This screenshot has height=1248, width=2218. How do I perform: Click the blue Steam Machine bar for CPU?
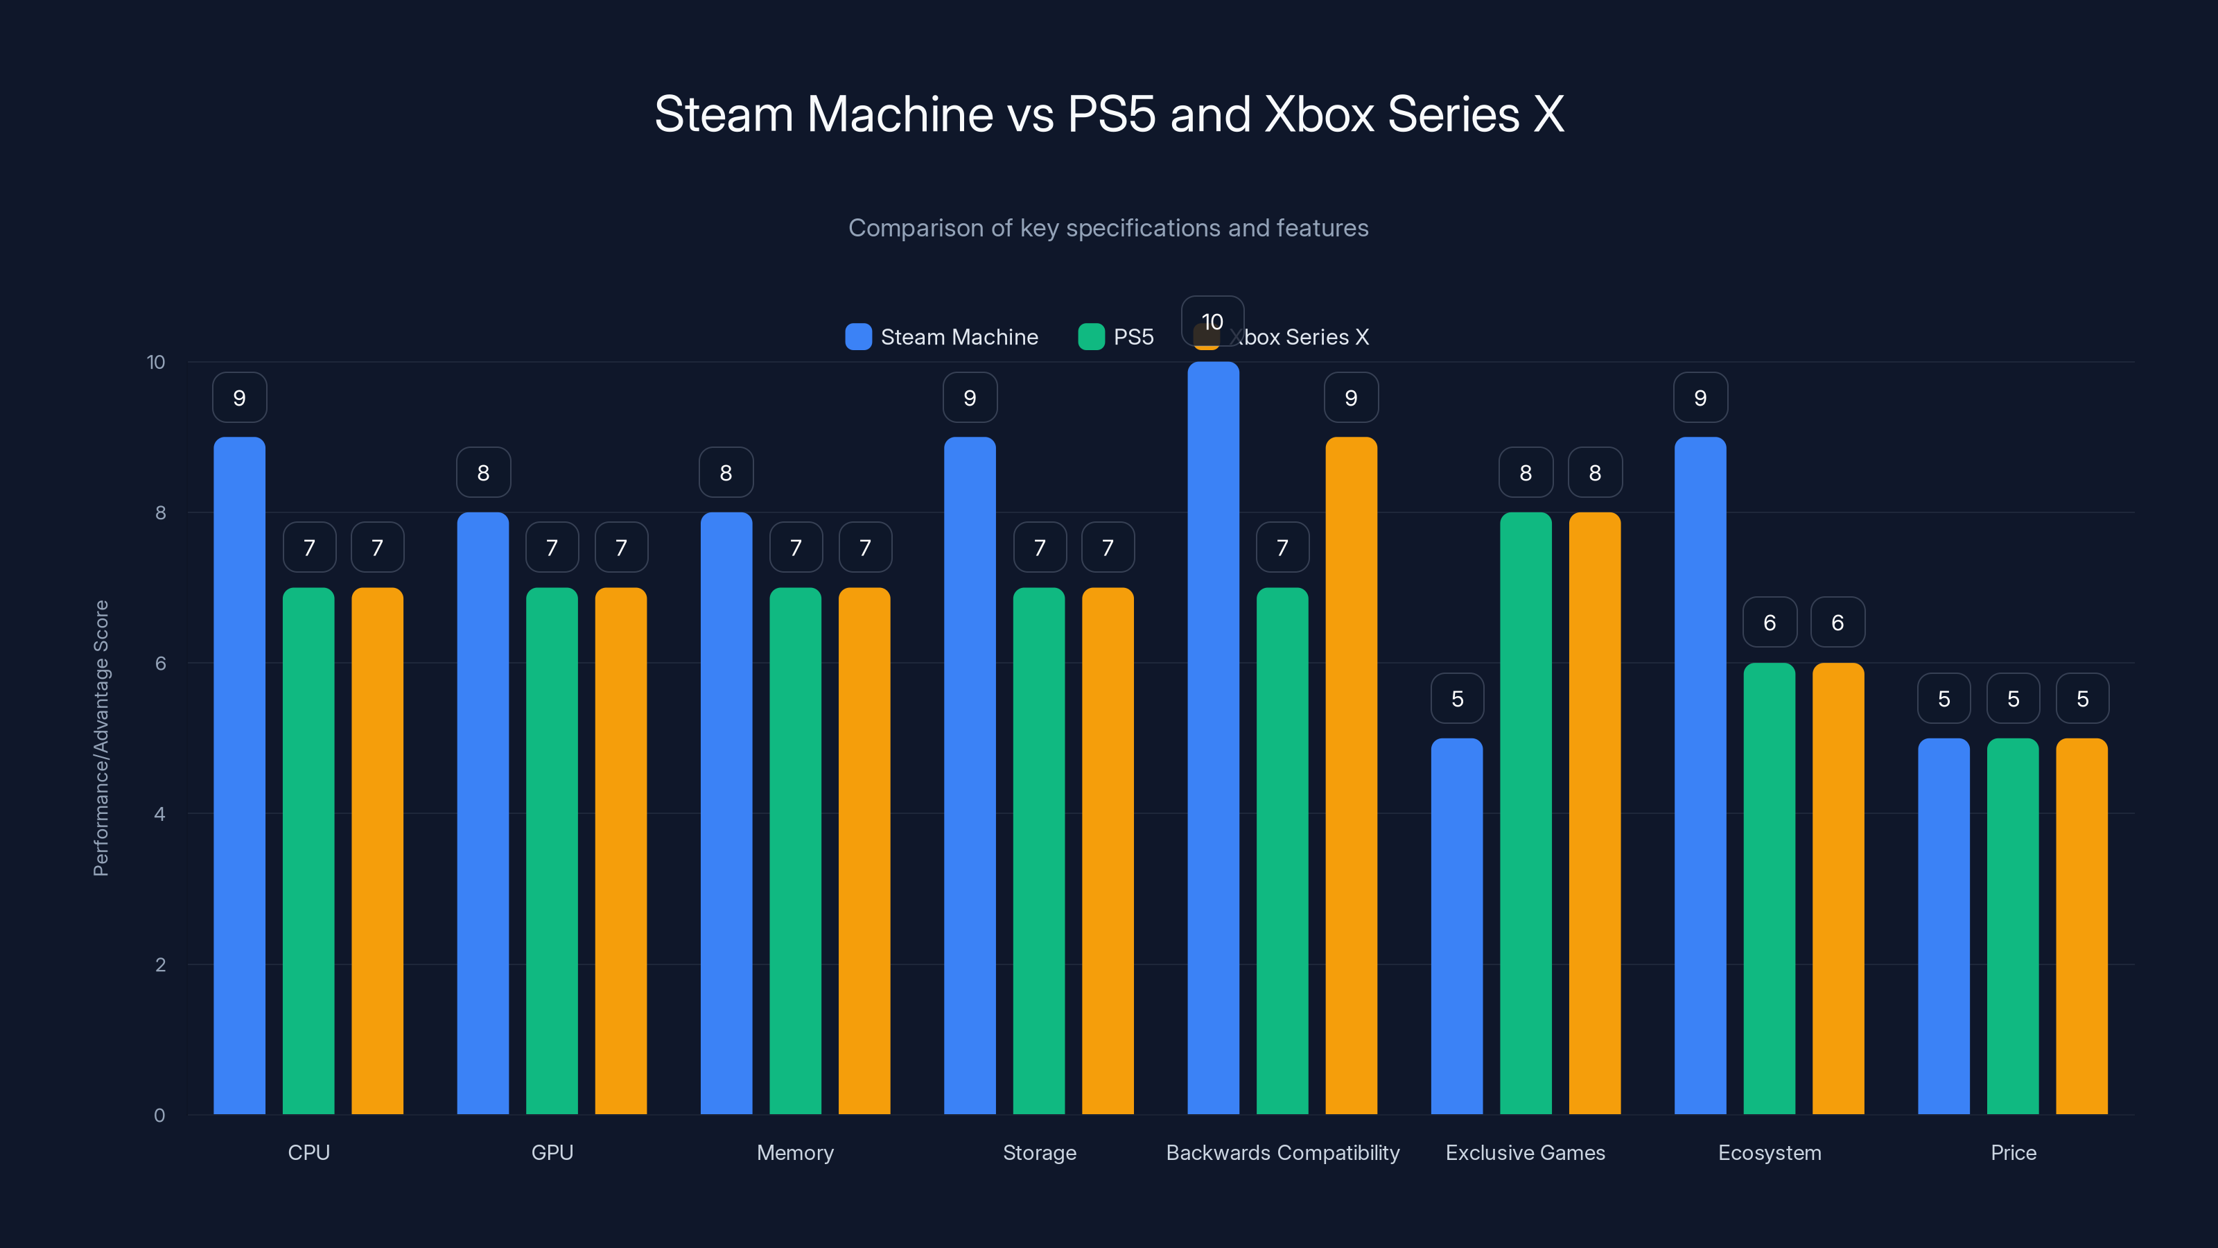coord(239,775)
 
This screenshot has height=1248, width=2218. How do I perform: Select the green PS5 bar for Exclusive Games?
coord(1526,813)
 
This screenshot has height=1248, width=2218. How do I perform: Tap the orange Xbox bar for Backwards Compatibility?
coord(1351,775)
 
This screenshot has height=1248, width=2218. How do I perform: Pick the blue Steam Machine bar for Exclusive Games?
coord(1457,926)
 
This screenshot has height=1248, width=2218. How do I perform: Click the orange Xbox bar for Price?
coord(2082,926)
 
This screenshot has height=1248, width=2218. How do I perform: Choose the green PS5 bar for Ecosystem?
coord(1770,888)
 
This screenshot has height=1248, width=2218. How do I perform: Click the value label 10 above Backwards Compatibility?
coord(1212,321)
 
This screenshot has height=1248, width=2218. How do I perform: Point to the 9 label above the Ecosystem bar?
coord(1700,398)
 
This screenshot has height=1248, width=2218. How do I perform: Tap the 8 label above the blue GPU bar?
coord(483,473)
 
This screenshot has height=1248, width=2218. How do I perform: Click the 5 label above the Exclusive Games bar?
coord(1457,698)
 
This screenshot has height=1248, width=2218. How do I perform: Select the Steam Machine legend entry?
coord(942,337)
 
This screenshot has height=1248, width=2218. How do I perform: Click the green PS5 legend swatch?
coord(1091,337)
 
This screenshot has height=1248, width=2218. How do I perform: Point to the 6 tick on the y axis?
coord(160,664)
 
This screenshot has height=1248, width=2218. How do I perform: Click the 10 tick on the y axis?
coord(156,362)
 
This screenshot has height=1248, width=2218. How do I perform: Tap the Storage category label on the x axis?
coord(1039,1152)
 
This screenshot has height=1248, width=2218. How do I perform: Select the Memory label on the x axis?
coord(795,1152)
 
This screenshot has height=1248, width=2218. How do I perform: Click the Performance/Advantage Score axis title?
coord(101,738)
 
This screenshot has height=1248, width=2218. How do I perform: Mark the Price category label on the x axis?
coord(2013,1152)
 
